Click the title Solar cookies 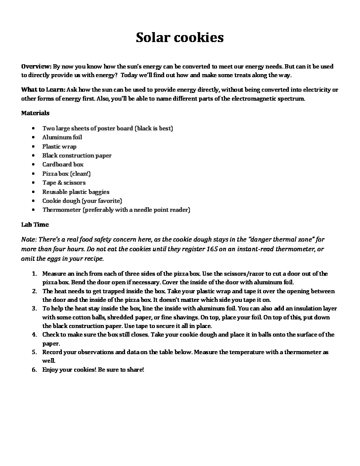[x=180, y=37]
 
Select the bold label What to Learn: [x=43, y=89]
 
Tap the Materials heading [x=35, y=113]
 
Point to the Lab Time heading [x=35, y=224]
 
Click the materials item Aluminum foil [x=62, y=137]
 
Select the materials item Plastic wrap [x=59, y=146]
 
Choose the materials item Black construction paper [x=77, y=155]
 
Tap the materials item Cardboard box [x=63, y=164]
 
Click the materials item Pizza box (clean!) [x=66, y=173]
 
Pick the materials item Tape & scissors [x=64, y=182]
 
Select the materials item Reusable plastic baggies [x=75, y=192]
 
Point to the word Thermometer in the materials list [x=61, y=210]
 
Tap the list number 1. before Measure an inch [x=34, y=274]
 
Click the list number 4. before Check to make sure [x=34, y=335]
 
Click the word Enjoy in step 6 [x=50, y=370]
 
